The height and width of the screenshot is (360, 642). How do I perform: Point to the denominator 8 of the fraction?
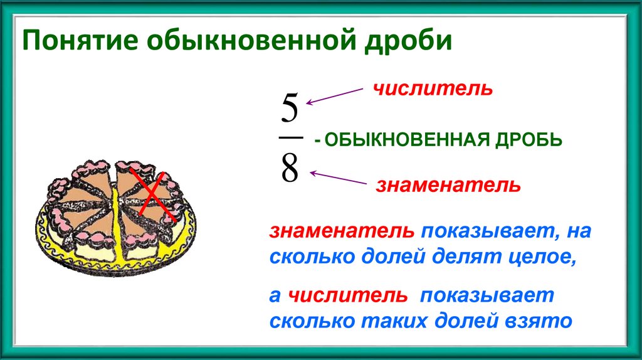coord(290,169)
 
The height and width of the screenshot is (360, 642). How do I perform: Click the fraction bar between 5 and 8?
coord(290,138)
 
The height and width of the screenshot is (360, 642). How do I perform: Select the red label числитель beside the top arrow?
coord(433,89)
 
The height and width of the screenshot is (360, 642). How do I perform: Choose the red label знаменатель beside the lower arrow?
coord(448,186)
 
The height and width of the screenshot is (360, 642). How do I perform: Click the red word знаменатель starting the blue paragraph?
coord(342,231)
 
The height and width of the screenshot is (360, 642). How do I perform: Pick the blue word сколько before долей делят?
coord(310,257)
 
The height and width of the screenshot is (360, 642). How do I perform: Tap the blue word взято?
coord(538,321)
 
